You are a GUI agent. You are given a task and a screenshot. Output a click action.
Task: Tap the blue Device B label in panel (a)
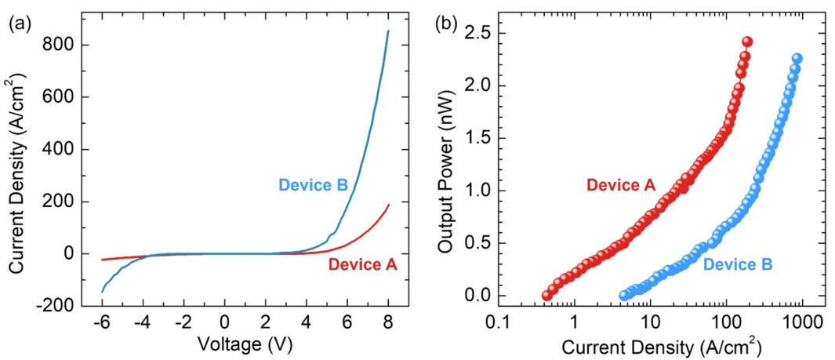(313, 186)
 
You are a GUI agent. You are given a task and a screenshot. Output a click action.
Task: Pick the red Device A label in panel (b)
(620, 185)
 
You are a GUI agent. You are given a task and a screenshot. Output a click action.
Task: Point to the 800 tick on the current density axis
(61, 45)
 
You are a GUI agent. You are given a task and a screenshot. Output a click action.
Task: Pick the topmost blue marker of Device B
(797, 59)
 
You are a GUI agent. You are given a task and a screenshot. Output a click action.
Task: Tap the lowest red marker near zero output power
(547, 296)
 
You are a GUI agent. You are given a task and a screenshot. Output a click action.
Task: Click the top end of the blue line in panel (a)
(388, 31)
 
